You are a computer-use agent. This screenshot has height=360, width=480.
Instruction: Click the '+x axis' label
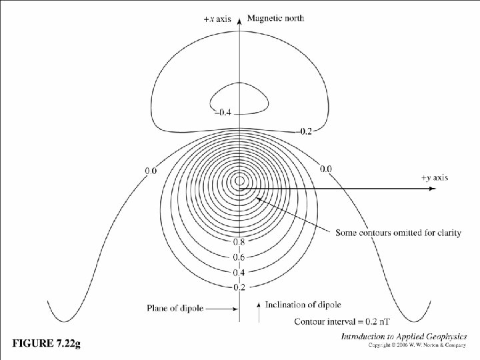217,19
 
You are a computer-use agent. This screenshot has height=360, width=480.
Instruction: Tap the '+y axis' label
435,177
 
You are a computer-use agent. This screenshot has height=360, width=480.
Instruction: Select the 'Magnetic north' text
275,18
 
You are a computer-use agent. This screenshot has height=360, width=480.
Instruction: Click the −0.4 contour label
222,113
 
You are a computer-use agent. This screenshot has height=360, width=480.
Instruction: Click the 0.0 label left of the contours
151,171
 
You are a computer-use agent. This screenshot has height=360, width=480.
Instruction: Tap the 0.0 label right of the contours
325,169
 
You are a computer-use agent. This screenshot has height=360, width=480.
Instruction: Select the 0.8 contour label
239,243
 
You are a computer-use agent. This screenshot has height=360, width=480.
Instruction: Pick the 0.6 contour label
239,257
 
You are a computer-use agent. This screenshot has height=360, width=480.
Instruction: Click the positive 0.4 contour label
239,273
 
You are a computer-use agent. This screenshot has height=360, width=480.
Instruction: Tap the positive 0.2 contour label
239,287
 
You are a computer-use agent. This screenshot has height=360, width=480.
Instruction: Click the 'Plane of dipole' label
175,308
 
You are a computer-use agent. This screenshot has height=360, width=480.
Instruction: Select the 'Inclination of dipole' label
303,305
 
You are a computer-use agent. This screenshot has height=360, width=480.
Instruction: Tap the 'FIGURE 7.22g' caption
47,343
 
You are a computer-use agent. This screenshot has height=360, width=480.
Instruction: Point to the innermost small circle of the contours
239,181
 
